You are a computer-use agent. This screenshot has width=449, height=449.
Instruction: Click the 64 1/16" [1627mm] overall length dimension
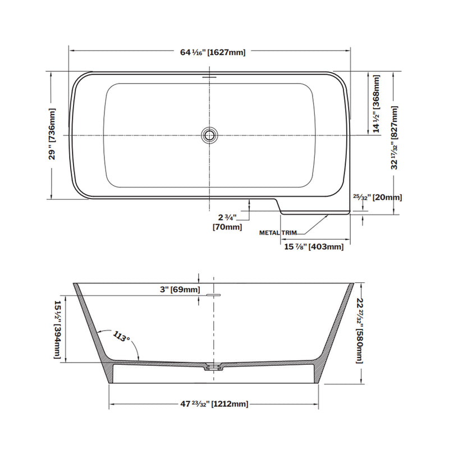pos(213,52)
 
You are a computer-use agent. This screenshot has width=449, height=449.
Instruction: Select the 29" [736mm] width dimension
pos(52,135)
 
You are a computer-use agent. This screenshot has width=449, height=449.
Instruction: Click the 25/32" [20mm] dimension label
pos(377,198)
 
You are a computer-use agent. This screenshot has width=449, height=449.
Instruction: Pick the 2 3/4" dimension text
pos(227,217)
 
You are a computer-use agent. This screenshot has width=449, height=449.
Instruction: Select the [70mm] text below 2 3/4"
pos(227,227)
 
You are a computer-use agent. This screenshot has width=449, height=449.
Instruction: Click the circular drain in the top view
pos(210,135)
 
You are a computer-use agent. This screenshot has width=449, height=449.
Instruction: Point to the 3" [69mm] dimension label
pos(179,290)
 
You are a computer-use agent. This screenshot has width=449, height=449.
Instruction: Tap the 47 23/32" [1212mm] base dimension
pos(214,404)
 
